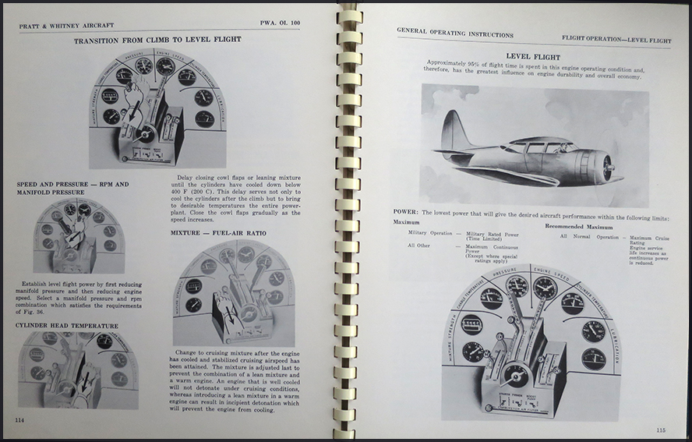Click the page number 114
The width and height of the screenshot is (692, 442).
click(19, 421)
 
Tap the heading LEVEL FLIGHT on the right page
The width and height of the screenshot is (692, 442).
click(533, 56)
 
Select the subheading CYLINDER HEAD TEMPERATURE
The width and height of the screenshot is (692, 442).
click(67, 325)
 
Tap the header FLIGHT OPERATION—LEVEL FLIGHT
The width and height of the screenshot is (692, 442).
click(616, 39)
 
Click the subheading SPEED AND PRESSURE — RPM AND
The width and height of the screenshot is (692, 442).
click(72, 184)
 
